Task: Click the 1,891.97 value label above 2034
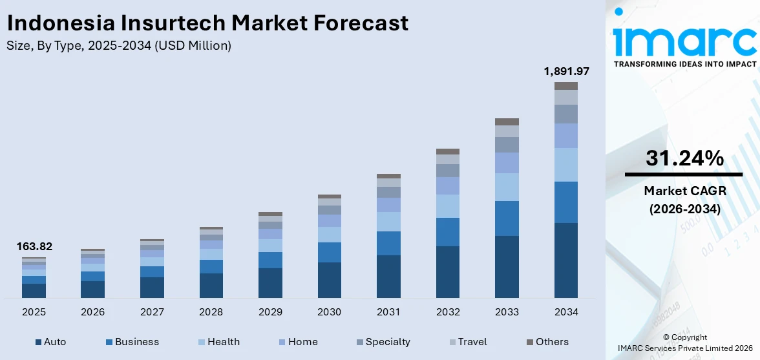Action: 565,71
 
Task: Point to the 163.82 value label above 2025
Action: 34,246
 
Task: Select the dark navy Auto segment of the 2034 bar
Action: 565,260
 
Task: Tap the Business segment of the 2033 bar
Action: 507,218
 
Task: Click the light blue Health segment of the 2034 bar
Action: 565,165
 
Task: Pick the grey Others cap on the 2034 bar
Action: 565,86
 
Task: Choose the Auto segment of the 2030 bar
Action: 329,280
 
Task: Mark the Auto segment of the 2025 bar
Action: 34,291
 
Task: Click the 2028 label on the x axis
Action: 211,312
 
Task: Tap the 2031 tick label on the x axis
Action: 388,312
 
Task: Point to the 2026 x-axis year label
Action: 92,312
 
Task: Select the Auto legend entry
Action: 50,342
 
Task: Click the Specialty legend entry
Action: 383,342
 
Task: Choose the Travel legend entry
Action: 467,342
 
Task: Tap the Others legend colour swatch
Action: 530,342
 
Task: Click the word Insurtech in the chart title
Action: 173,23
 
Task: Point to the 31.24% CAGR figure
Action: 684,158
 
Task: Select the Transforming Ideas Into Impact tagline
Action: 684,64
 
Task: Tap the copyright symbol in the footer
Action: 666,337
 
